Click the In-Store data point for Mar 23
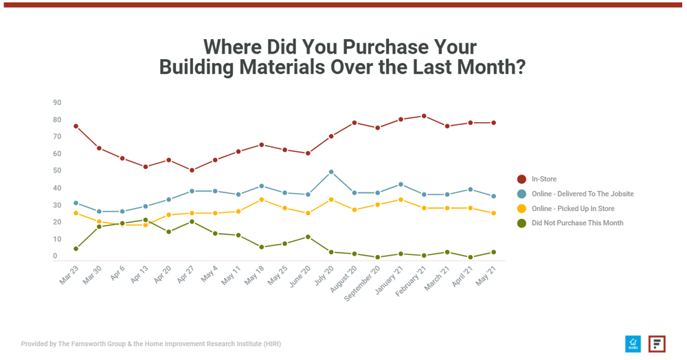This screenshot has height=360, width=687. pos(76,126)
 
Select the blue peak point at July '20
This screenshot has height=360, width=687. pos(331,172)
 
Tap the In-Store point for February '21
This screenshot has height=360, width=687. pos(424,116)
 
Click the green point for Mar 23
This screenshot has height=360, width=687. pos(76,249)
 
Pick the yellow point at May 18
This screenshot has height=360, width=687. pos(262,200)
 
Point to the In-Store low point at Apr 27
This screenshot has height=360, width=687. pos(192,170)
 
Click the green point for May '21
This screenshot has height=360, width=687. pos(493,252)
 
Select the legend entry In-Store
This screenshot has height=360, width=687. pos(543,179)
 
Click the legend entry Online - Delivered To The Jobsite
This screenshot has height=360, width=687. pos(582,194)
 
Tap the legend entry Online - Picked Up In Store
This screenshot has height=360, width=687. pos(572,208)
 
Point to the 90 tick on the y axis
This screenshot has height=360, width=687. pos(57,103)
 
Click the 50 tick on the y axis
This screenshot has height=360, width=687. pos(57,171)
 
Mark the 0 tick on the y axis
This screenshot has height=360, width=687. pos(55,256)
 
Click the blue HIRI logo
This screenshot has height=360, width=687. pos(633,344)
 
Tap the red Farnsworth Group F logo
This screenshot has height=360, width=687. pos(657,344)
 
